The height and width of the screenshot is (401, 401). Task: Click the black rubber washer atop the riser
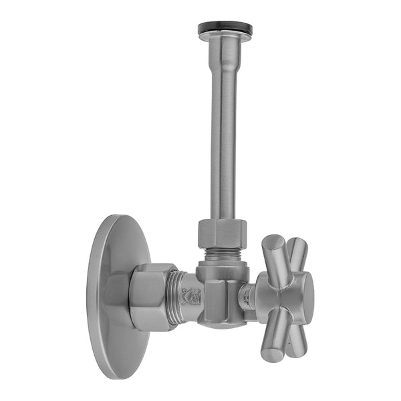[x=225, y=29]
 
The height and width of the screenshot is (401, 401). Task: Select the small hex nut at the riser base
[x=223, y=234]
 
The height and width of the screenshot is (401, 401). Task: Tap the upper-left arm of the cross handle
[x=275, y=257]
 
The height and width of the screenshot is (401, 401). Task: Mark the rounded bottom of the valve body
[x=221, y=323]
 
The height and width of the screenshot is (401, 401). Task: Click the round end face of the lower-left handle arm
[x=271, y=353]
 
